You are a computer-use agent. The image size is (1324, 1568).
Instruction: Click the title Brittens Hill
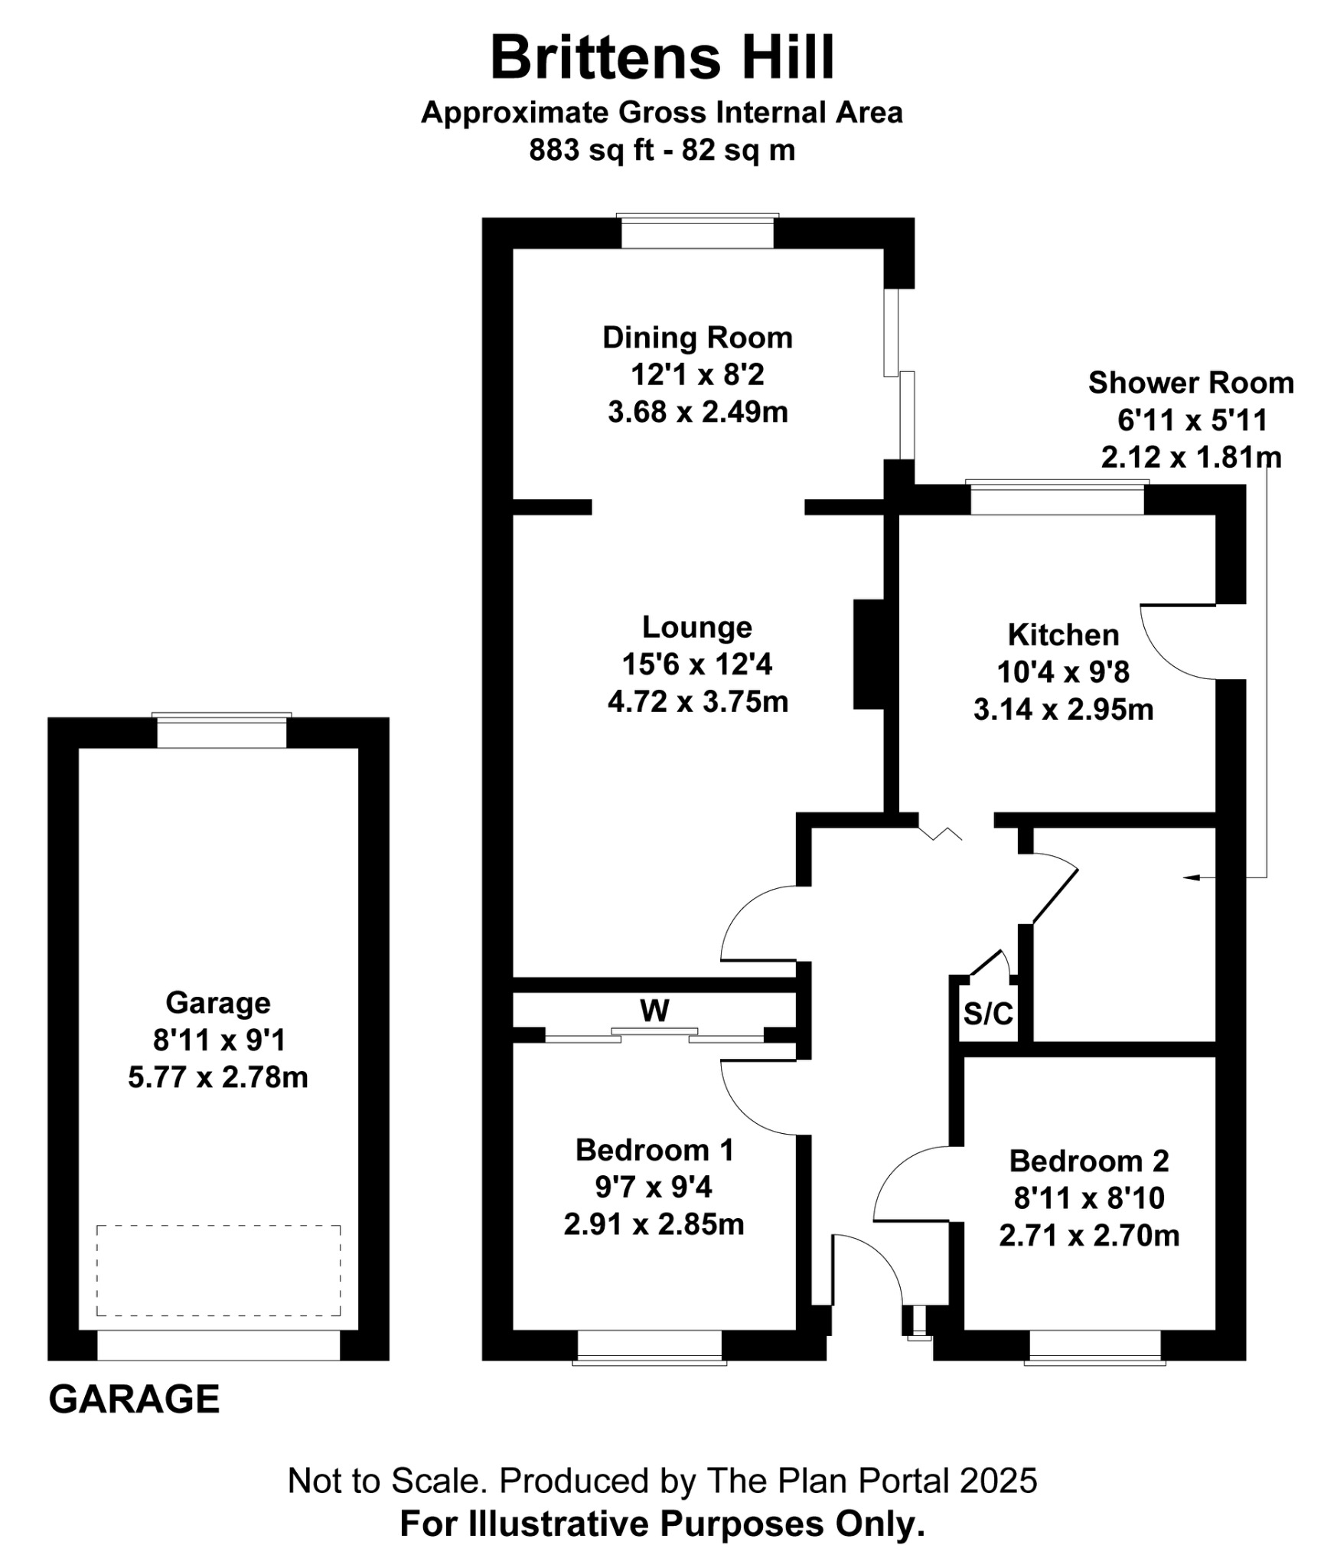coord(662,57)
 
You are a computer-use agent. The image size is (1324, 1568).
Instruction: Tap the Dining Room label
coord(697,338)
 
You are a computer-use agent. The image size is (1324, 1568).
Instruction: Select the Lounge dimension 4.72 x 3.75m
coord(697,701)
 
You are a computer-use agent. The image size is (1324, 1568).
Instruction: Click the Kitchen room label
coord(1063,635)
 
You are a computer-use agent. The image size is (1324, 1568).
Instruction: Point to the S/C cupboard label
coord(988,1014)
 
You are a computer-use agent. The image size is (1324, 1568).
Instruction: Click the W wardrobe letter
coord(655,1011)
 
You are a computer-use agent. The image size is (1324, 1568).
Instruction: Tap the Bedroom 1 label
coord(654,1150)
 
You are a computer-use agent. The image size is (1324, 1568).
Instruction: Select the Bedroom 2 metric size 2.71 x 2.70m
coord(1089,1235)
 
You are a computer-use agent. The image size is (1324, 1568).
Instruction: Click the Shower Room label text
coord(1191,383)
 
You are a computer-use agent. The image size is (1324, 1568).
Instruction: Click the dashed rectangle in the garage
coord(218,1270)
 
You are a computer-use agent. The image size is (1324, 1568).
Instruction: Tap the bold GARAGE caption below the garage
coord(135,1400)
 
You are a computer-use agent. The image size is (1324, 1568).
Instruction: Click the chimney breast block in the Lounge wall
coord(869,654)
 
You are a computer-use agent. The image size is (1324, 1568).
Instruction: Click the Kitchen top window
coord(1057,498)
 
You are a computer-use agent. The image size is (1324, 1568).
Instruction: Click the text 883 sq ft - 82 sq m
coord(662,150)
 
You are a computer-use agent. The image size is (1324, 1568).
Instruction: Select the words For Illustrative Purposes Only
coord(662,1524)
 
